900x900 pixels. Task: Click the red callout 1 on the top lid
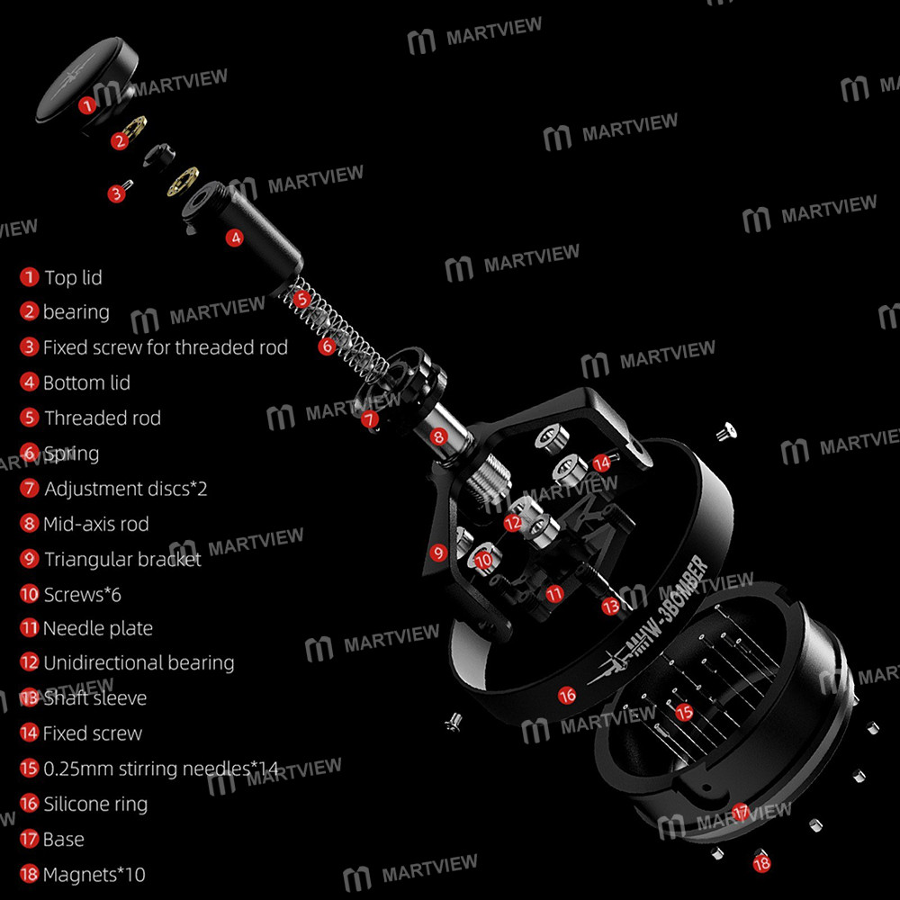tap(86, 105)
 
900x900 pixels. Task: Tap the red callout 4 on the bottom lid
tap(235, 238)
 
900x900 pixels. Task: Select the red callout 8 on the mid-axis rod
tap(437, 437)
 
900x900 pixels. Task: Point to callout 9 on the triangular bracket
tap(438, 553)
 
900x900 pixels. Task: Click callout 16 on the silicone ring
tap(567, 695)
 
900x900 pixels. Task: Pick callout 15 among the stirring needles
tap(684, 712)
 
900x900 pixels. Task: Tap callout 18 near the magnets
tap(761, 862)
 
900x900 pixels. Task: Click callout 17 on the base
tap(740, 812)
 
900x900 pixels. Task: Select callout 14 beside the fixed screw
tap(601, 462)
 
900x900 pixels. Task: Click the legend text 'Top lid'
tap(73, 278)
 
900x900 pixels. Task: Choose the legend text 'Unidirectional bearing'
tap(139, 663)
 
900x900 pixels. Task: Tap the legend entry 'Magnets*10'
tap(94, 875)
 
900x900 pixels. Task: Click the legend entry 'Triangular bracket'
tap(122, 559)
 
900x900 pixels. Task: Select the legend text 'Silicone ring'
tap(94, 805)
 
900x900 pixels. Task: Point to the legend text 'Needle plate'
tap(98, 628)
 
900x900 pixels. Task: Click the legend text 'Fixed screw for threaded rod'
tap(166, 347)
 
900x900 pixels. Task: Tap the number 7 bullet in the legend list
tap(30, 489)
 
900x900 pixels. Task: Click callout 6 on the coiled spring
tap(328, 345)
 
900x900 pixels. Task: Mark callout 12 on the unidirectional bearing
tap(513, 522)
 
